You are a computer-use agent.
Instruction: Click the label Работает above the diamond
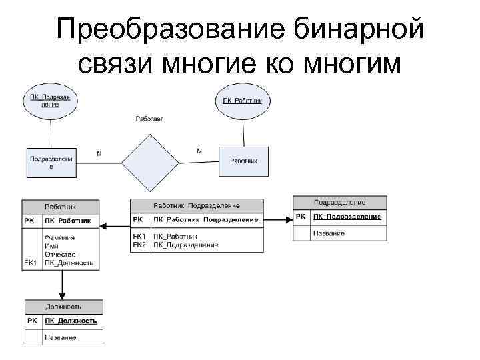coord(149,119)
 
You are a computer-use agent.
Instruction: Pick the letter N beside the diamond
coord(99,153)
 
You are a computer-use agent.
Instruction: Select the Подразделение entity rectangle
coord(51,162)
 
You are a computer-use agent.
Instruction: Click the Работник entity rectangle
coord(244,161)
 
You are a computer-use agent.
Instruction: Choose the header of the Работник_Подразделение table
coord(197,206)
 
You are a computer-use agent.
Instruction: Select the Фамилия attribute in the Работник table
coord(60,237)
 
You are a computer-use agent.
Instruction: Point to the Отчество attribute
coord(60,254)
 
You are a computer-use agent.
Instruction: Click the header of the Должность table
coord(63,307)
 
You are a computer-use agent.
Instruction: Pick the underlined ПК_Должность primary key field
coord(71,321)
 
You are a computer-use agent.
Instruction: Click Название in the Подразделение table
coord(329,233)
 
